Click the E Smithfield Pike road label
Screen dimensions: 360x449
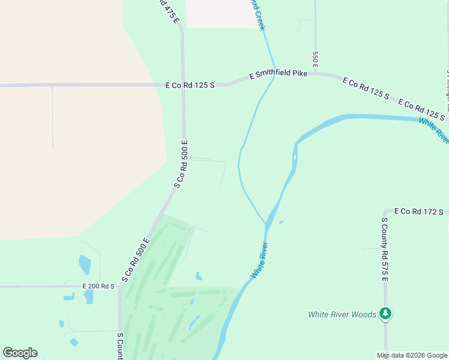(279, 74)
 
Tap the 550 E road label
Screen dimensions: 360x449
(315, 58)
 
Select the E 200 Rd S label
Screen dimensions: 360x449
(98, 286)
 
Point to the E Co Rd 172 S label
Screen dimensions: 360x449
(418, 212)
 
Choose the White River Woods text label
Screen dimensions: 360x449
(342, 314)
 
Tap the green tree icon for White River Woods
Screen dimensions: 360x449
(385, 314)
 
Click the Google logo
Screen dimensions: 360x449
(20, 353)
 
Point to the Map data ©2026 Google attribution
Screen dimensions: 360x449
(412, 355)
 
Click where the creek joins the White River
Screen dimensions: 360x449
(266, 224)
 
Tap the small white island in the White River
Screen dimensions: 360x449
(294, 160)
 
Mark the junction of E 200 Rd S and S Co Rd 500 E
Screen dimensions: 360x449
(121, 286)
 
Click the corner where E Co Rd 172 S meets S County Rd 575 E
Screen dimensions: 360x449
(385, 212)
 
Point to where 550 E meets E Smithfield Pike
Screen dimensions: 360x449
(315, 74)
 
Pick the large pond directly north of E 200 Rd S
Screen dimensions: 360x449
(85, 264)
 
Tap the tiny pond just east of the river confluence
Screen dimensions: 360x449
(281, 222)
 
